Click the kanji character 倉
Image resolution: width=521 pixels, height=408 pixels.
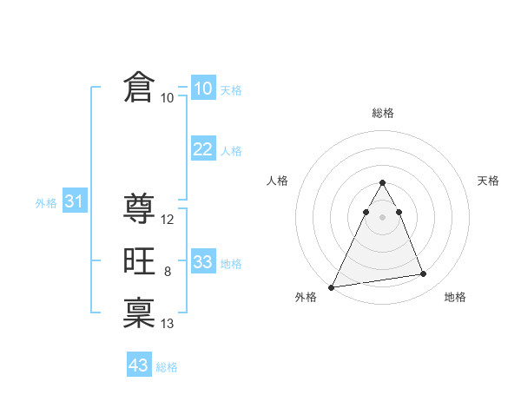(x=139, y=88)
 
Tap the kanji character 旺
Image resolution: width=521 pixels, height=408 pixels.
(x=139, y=261)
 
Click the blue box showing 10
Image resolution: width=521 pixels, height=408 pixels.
(x=202, y=89)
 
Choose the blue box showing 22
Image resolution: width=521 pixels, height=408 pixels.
(x=202, y=149)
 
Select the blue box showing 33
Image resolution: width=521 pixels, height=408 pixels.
(x=202, y=262)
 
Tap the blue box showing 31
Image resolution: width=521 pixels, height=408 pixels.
(x=74, y=202)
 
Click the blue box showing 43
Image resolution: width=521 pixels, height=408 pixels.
(x=139, y=365)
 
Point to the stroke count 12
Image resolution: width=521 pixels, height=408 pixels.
(x=168, y=220)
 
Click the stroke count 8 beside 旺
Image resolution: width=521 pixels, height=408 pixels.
(x=167, y=272)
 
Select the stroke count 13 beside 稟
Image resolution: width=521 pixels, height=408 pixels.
(x=168, y=324)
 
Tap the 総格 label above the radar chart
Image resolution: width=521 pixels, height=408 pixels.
(x=383, y=113)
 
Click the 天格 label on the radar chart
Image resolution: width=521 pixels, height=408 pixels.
(x=489, y=181)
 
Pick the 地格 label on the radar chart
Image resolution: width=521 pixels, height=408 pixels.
(x=455, y=297)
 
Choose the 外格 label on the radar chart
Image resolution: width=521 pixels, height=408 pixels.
(x=307, y=297)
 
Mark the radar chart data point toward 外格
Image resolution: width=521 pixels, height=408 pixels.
(x=332, y=286)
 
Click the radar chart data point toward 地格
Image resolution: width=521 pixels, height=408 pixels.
(x=424, y=274)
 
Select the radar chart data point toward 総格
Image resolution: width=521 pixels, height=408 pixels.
(x=382, y=183)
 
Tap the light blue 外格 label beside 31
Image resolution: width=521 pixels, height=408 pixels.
(x=46, y=203)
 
